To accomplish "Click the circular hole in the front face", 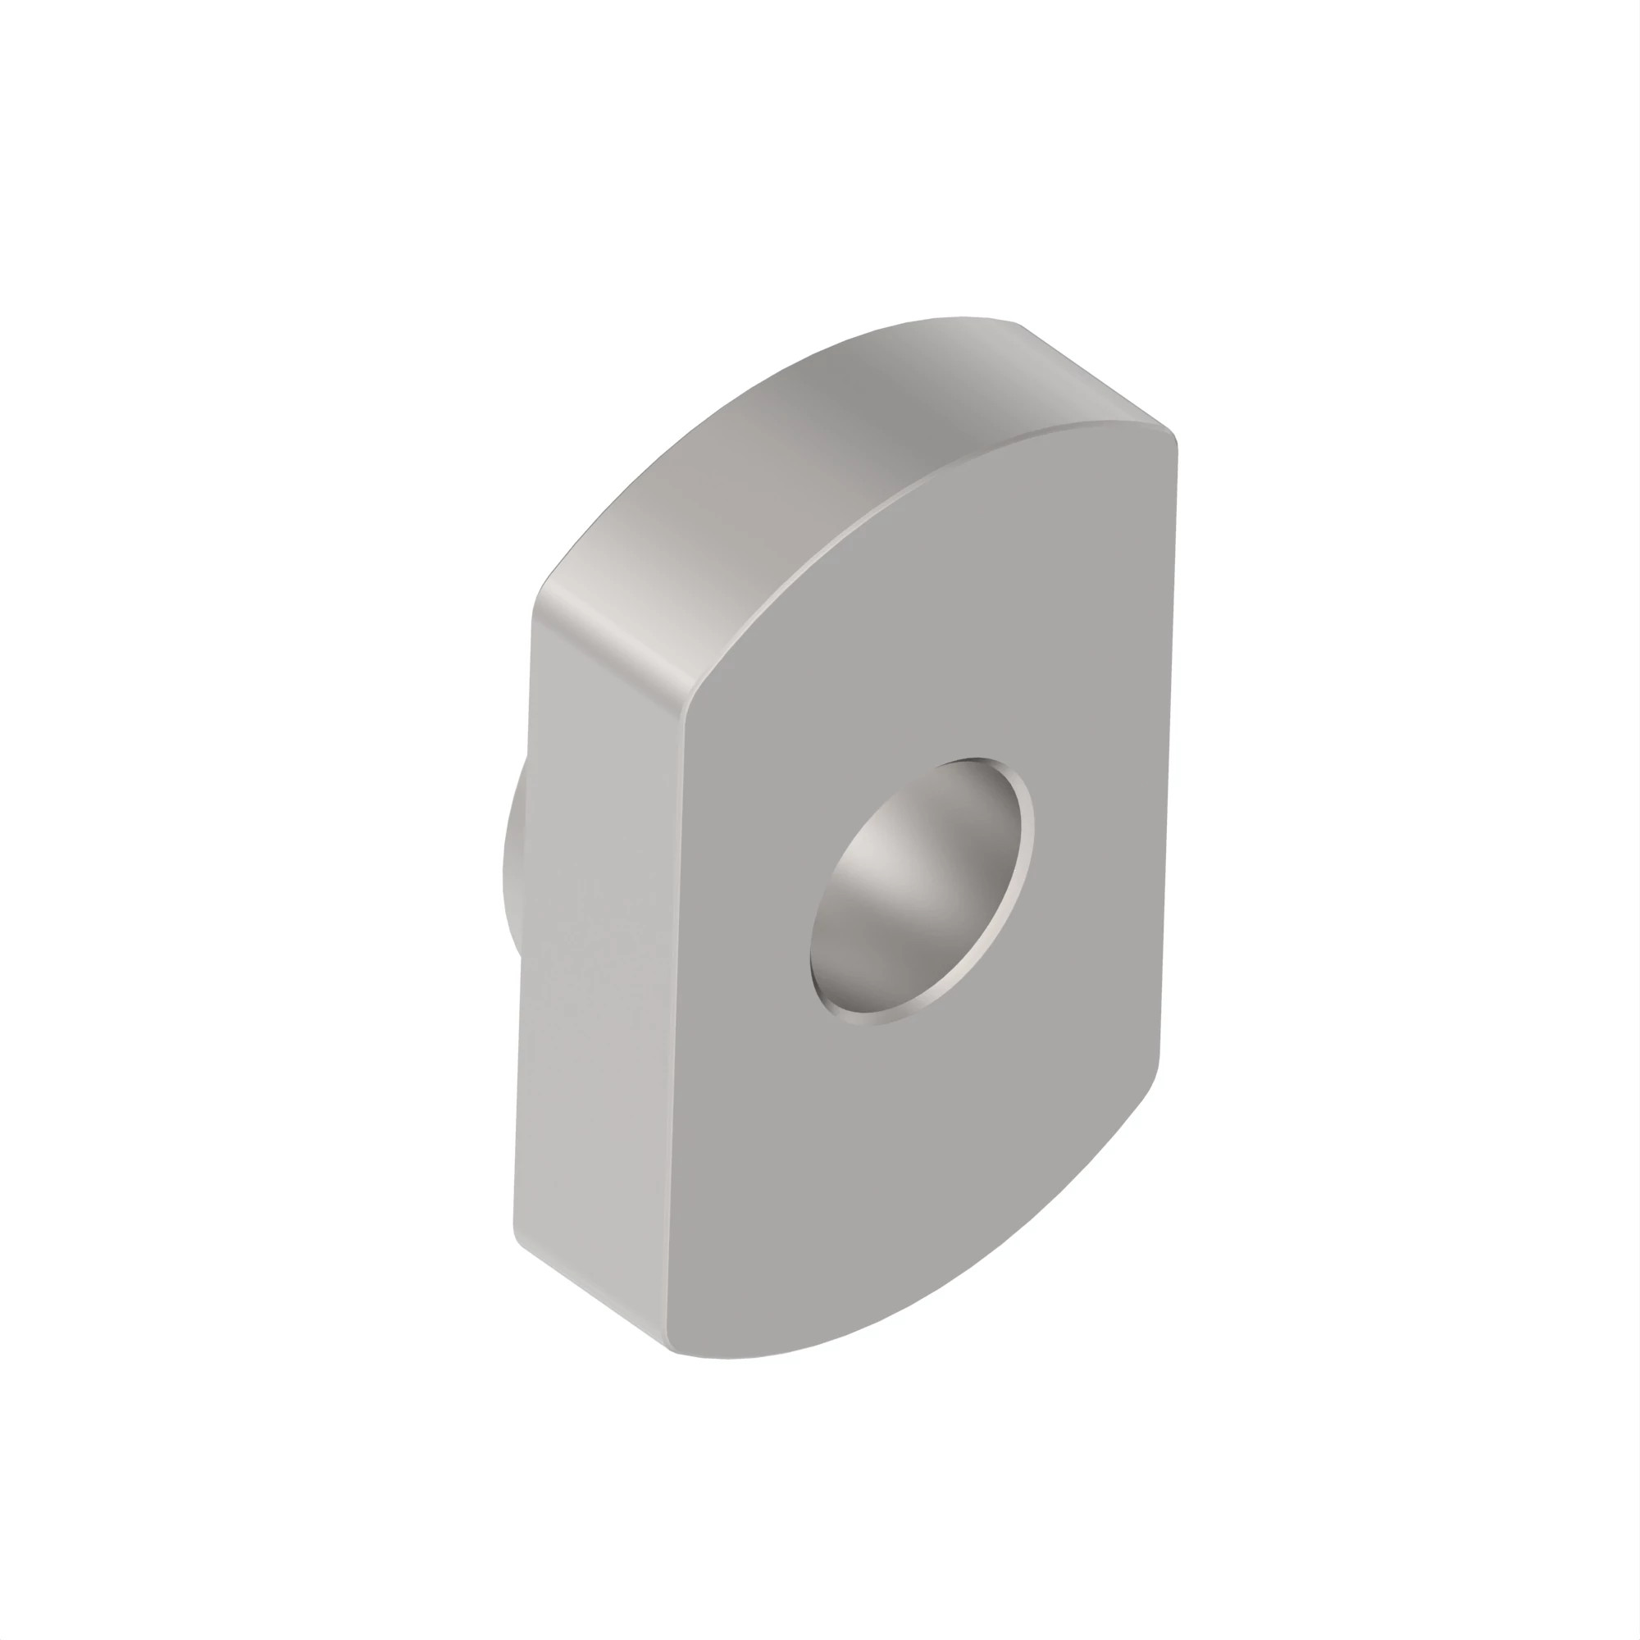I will pyautogui.click(x=922, y=891).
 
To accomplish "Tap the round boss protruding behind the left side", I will pyautogui.click(x=512, y=858).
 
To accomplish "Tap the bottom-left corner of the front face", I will pyautogui.click(x=675, y=1350).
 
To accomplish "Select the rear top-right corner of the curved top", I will pyautogui.click(x=1018, y=325).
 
